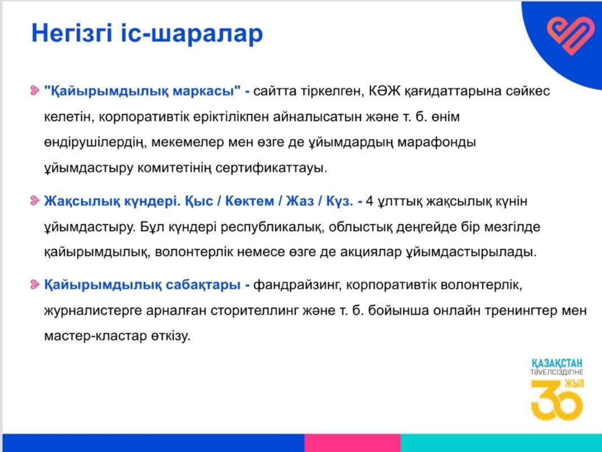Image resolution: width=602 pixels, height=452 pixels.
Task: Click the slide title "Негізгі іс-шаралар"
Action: pos(147,33)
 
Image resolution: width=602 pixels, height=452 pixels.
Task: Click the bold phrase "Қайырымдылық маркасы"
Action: pos(142,92)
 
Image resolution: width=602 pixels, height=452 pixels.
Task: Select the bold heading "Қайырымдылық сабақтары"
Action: pos(142,285)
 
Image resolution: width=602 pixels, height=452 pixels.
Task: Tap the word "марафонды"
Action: pos(437,142)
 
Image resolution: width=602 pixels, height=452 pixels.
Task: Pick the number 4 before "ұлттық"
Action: pos(370,201)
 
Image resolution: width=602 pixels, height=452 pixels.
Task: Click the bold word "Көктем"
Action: pos(249,201)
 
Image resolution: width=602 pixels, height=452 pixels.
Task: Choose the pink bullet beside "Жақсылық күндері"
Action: pos(35,200)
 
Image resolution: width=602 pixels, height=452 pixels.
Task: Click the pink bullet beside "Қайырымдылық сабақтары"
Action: pos(35,284)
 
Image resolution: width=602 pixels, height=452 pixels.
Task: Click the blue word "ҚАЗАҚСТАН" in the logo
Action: pos(557,363)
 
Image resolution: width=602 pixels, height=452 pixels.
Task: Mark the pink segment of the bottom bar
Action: pos(353,443)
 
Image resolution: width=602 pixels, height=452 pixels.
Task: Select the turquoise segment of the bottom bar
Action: pos(502,443)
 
